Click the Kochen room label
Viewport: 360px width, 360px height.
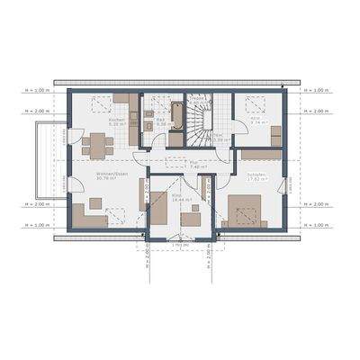coord(115,121)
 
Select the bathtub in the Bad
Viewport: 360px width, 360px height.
coord(177,115)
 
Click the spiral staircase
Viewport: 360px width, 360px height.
coord(197,124)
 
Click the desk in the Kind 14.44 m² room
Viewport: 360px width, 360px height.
coord(191,217)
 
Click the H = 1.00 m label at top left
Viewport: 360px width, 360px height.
coord(32,91)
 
